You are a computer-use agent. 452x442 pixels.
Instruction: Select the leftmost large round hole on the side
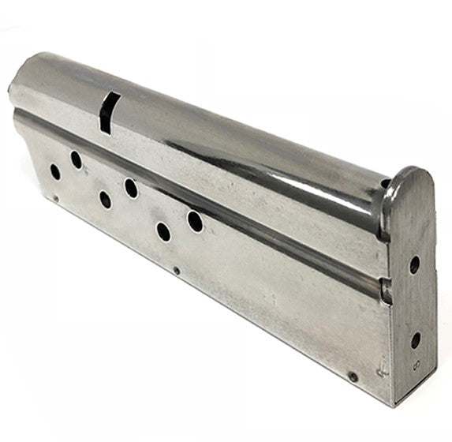55,170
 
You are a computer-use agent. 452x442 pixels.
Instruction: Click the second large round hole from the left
77,160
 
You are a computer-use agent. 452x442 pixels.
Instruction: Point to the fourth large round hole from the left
131,188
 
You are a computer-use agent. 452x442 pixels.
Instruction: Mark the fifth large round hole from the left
163,231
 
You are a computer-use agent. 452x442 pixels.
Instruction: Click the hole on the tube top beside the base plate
384,187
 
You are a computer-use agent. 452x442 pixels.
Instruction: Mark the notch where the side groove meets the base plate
384,292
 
